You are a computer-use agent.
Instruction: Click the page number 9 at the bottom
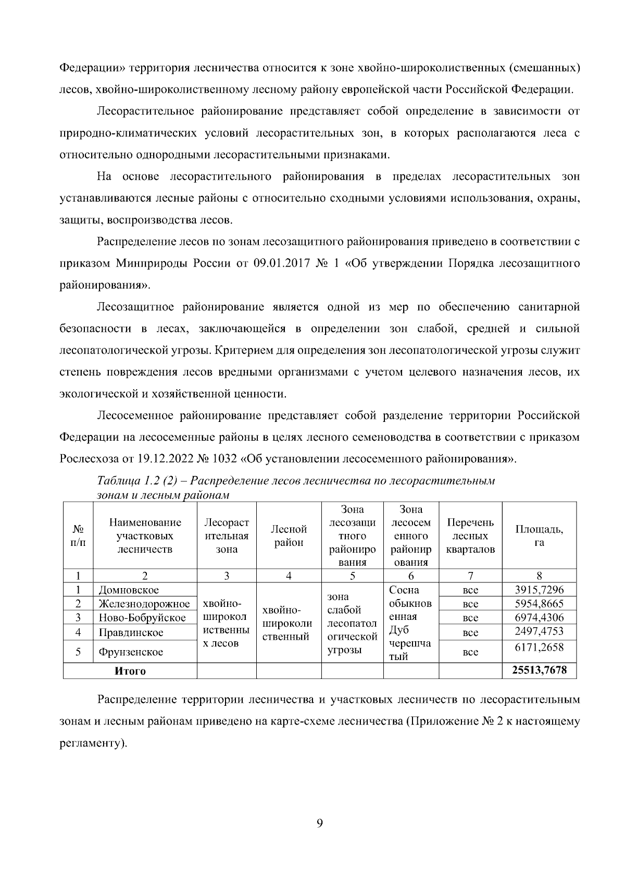(x=320, y=824)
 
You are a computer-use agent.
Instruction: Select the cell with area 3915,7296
(x=539, y=590)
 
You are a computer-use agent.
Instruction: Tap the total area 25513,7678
(x=539, y=670)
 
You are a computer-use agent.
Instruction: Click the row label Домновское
(x=129, y=590)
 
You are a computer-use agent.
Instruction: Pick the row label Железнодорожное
(x=144, y=604)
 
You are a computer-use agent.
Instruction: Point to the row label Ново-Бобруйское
(x=142, y=618)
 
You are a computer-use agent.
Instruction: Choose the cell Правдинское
(x=131, y=633)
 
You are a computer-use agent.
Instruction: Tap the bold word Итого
(x=130, y=671)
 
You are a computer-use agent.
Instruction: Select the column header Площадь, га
(x=539, y=536)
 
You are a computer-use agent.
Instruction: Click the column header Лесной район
(x=289, y=536)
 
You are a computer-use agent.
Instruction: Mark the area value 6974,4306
(x=539, y=618)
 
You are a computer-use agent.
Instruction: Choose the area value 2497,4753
(x=539, y=632)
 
